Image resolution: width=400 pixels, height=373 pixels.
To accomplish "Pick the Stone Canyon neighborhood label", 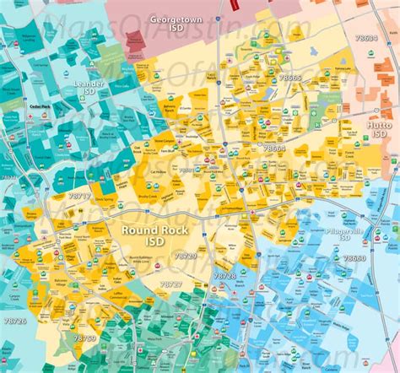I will pyautogui.click(x=165, y=141).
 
